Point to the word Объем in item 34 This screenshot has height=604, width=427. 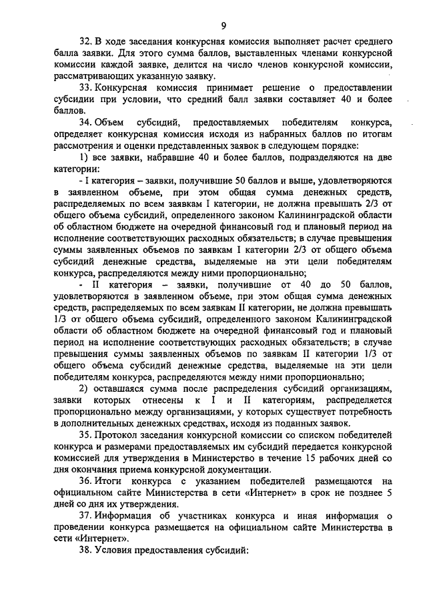tap(109, 123)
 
